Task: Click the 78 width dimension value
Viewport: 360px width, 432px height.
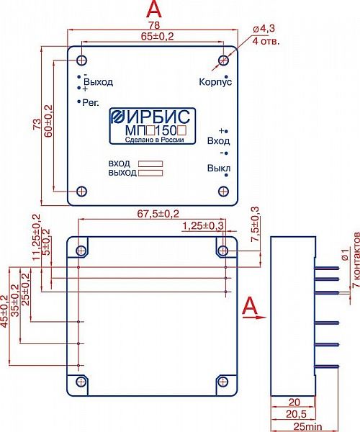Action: coord(154,25)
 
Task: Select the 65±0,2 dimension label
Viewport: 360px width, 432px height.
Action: coord(157,37)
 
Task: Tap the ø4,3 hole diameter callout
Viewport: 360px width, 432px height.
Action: coord(264,29)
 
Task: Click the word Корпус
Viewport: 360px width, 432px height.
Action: coord(215,82)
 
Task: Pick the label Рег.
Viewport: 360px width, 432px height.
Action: coord(91,103)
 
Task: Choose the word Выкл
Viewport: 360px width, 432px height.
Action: coord(219,168)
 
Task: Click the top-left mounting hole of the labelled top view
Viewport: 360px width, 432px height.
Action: coord(81,60)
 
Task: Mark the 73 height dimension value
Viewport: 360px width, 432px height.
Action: coord(37,125)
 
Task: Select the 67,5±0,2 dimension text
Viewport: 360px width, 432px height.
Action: coord(158,214)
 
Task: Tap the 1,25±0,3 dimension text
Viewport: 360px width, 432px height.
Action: coord(203,226)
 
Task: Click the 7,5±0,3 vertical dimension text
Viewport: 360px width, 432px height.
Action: coord(256,224)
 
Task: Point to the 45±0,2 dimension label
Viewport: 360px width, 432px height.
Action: coord(4,311)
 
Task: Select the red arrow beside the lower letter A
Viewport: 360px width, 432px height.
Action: coord(255,318)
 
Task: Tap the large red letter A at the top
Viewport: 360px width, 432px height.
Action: coord(154,9)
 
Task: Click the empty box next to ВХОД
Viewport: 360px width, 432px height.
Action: coord(150,164)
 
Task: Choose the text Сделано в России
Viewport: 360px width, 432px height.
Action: coord(154,140)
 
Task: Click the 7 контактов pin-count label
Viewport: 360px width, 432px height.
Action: coord(356,260)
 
